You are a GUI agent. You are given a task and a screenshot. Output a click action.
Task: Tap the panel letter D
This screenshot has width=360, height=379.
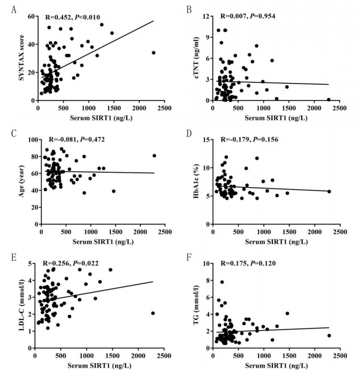tap(188, 133)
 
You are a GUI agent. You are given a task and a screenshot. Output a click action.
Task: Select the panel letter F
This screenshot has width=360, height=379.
tap(187, 258)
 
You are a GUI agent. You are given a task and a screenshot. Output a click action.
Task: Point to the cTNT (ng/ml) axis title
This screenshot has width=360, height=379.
tap(193, 56)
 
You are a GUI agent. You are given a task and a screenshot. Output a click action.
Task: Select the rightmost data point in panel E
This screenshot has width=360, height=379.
tap(153, 313)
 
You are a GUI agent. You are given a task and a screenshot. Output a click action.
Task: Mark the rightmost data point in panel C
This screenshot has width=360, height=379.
tap(154, 156)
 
